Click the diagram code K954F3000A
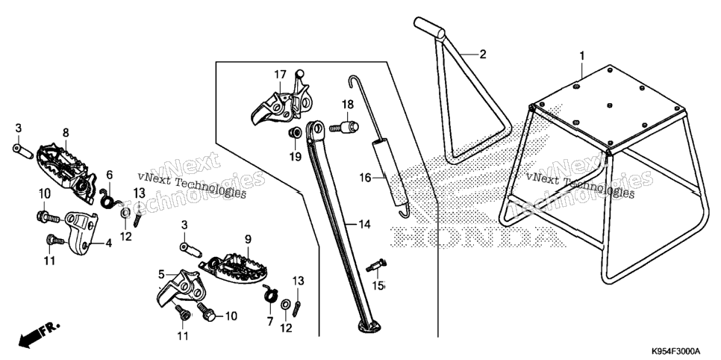[675, 351]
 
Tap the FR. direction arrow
[39, 335]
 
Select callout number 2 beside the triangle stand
[482, 55]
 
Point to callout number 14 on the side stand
[365, 225]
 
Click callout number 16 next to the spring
[365, 178]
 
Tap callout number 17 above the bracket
[281, 74]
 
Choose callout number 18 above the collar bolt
[347, 105]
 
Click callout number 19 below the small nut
[296, 158]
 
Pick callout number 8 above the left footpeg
[66, 133]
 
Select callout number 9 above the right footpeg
[248, 239]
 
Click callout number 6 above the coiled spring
[110, 175]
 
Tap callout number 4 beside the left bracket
[108, 243]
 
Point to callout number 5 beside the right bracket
[161, 275]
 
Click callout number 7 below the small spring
[270, 321]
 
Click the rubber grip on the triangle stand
[429, 28]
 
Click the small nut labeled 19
[295, 134]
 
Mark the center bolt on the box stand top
[609, 105]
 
